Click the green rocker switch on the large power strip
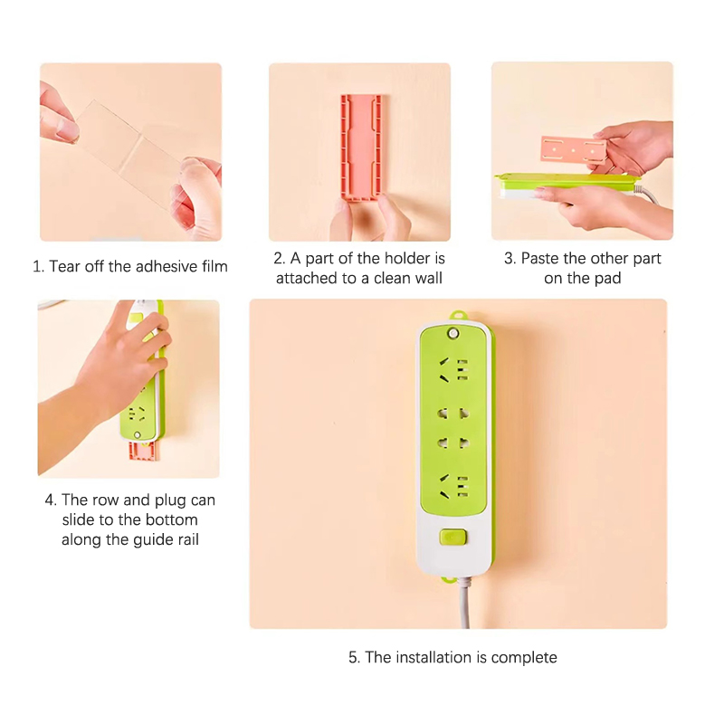[x=453, y=537]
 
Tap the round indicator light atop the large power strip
[x=453, y=333]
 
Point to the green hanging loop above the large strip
[x=458, y=317]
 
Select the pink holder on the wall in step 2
[x=360, y=148]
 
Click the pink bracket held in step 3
[x=573, y=149]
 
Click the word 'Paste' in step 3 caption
[x=540, y=258]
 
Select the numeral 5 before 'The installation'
[x=353, y=658]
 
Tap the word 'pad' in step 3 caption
[x=608, y=279]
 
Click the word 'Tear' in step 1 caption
[x=64, y=266]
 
